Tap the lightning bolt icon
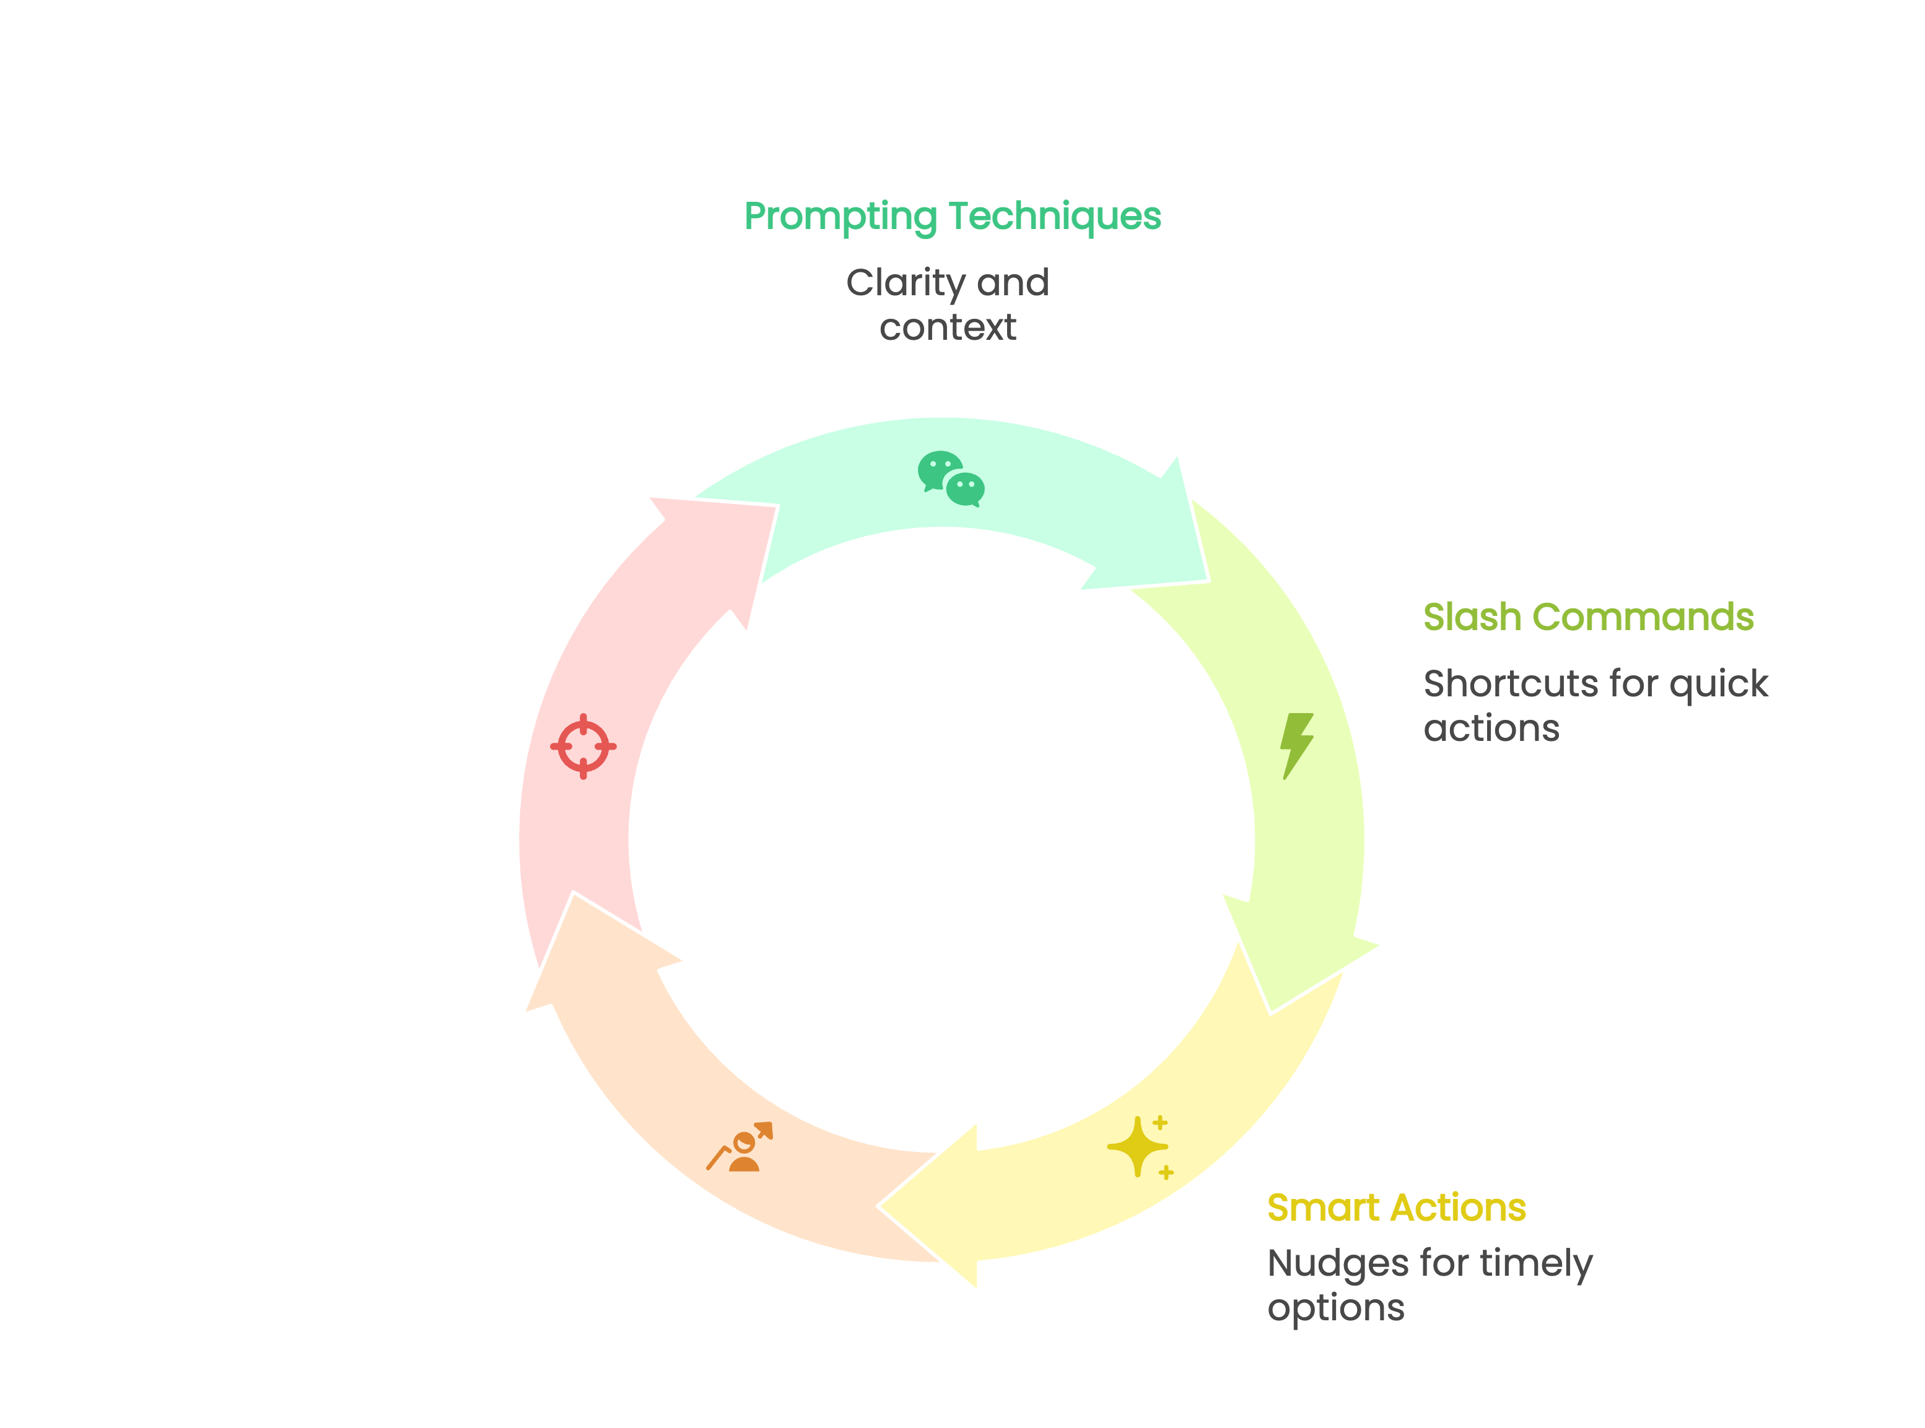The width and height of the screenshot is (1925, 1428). click(1296, 745)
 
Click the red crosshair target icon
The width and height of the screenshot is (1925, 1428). click(583, 746)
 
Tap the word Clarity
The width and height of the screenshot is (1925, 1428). click(906, 283)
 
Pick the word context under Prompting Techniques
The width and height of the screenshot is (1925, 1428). click(948, 327)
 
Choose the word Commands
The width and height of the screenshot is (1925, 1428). click(1643, 617)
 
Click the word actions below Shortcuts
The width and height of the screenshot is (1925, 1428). click(1491, 729)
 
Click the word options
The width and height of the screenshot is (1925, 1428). click(1335, 1308)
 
